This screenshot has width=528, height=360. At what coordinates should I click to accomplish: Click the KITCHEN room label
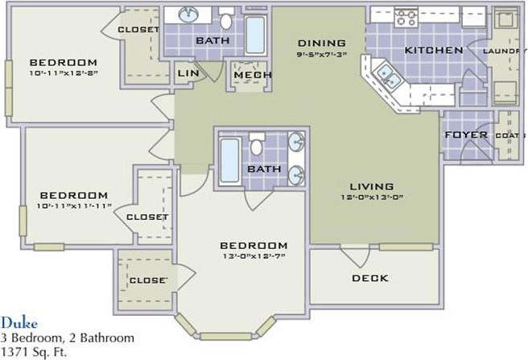[433, 50]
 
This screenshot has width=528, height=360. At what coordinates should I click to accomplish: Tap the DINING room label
[321, 43]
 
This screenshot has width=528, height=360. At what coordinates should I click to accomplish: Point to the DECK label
[369, 278]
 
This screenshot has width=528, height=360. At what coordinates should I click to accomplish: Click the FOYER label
[466, 134]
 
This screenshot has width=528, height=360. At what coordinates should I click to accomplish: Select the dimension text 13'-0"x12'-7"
[254, 256]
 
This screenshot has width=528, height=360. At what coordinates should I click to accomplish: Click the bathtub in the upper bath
[255, 35]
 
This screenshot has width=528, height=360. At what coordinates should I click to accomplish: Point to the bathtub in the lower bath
[229, 159]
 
